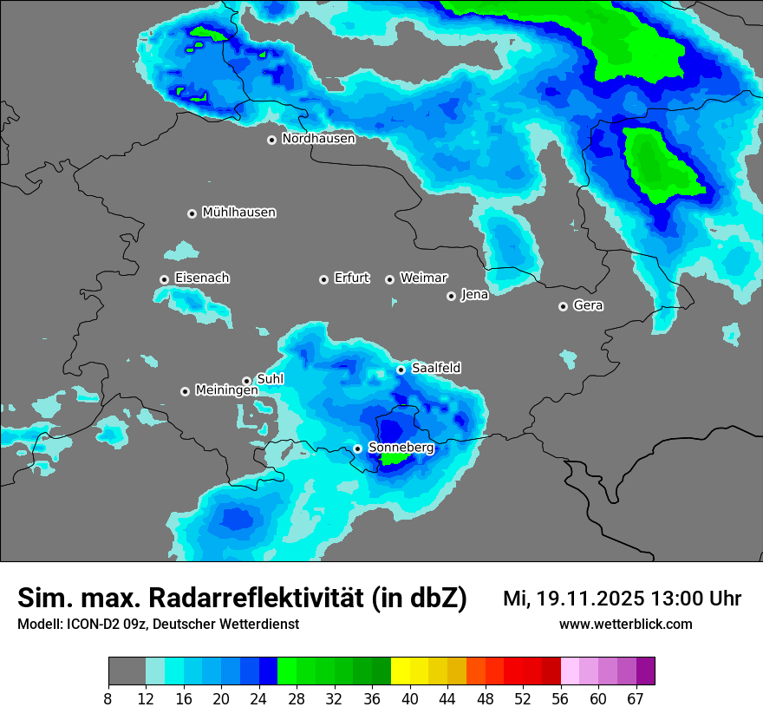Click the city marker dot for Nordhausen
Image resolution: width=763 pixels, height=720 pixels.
click(x=271, y=140)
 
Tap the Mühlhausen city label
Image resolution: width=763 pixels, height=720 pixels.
click(x=238, y=213)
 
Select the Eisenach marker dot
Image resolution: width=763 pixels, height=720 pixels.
click(x=164, y=279)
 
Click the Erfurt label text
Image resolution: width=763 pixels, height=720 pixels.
click(x=351, y=278)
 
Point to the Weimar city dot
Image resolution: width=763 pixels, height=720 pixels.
click(x=389, y=279)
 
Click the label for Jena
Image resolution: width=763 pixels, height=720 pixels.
click(x=474, y=295)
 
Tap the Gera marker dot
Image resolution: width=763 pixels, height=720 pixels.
click(x=563, y=306)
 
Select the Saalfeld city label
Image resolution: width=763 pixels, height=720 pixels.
click(x=435, y=369)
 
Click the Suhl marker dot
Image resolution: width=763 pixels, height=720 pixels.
click(x=246, y=381)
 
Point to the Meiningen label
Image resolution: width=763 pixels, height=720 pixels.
click(x=226, y=391)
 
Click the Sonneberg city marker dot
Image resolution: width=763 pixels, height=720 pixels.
click(x=357, y=448)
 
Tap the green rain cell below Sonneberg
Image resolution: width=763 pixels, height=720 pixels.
click(x=395, y=458)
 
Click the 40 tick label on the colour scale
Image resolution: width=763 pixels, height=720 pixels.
click(x=409, y=699)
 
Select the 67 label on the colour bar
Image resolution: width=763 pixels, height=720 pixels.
click(x=636, y=699)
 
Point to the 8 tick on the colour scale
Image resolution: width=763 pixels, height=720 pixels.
click(x=108, y=699)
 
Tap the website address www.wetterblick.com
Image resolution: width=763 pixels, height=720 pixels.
click(x=625, y=625)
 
